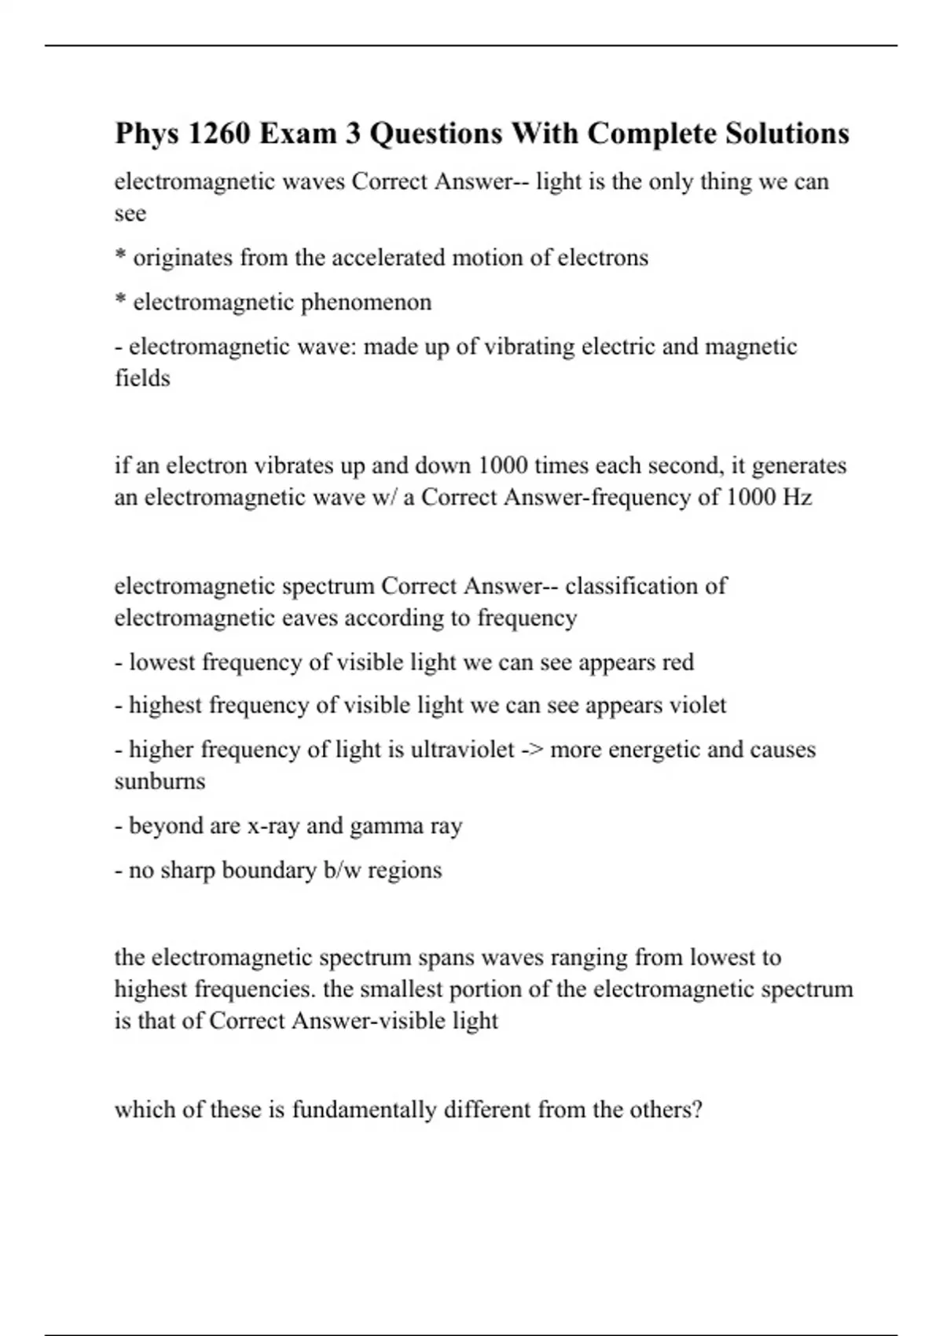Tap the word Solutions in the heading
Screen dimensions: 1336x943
[787, 134]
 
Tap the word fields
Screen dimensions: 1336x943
[142, 379]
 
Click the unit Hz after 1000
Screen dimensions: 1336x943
[797, 497]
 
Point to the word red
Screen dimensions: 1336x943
[677, 662]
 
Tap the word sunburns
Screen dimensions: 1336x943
[160, 782]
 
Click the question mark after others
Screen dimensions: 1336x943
[695, 1110]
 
